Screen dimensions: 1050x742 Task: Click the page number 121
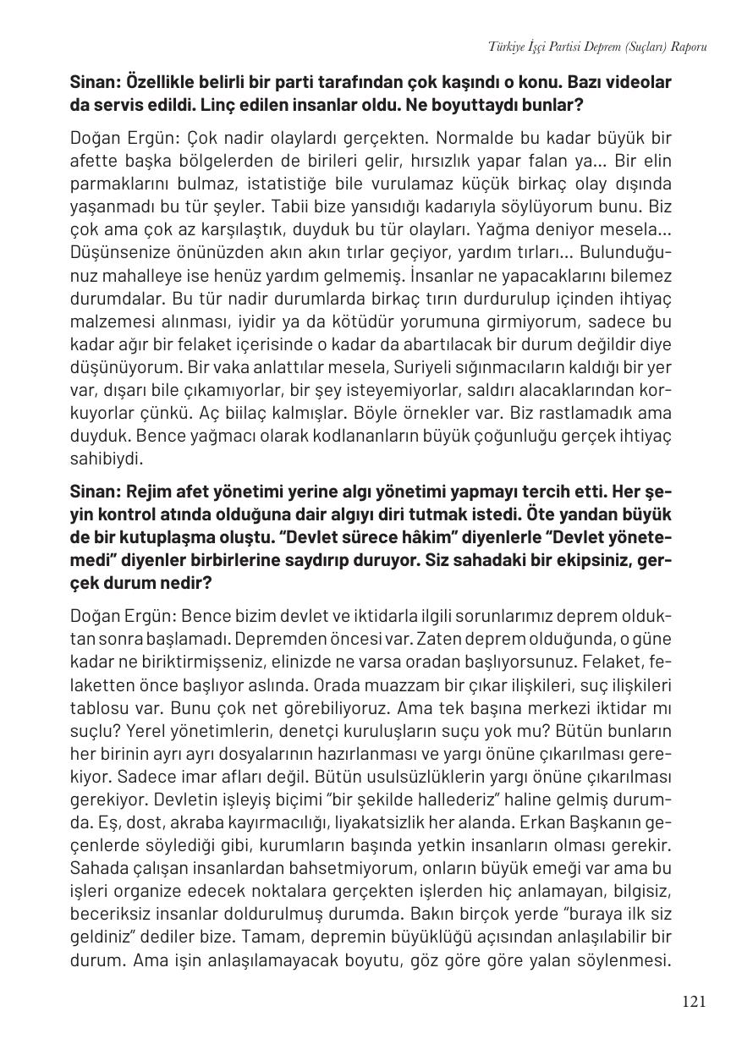pos(693,1002)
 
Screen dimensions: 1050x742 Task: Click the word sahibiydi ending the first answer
pos(107,459)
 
